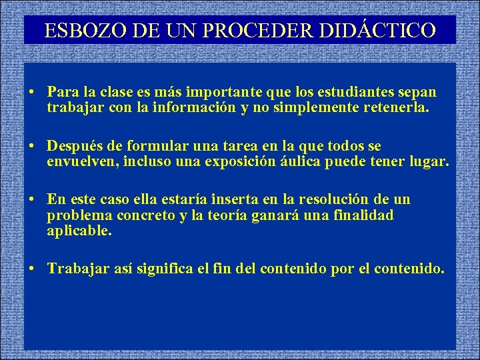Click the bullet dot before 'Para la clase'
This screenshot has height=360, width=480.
tap(32, 91)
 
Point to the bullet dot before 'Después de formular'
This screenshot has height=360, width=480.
tap(32, 146)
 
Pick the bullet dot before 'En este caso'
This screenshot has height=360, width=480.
tap(32, 200)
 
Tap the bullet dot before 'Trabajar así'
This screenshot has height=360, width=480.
tap(32, 269)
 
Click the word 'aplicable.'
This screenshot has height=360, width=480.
tap(79, 231)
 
